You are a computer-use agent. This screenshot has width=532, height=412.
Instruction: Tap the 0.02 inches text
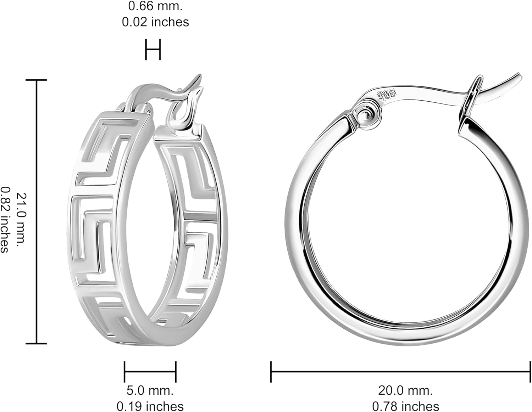155,22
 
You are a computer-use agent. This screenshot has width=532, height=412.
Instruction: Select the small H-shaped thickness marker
153,50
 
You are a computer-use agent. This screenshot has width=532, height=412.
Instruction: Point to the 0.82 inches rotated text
4,220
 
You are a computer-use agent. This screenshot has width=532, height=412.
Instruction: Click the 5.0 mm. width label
150,390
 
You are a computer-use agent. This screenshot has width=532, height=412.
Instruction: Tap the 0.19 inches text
150,406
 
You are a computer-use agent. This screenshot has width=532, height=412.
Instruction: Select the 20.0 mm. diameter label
405,390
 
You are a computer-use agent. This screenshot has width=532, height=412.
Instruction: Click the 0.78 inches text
405,406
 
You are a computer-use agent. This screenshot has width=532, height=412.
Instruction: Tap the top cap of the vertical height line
37,80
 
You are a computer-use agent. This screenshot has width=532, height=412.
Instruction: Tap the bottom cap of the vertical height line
37,343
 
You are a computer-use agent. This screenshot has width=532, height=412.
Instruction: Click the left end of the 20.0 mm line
271,372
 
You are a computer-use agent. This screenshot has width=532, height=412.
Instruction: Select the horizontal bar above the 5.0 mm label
150,372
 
